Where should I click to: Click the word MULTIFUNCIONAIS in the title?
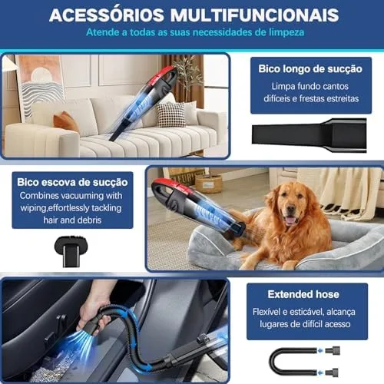point(255,15)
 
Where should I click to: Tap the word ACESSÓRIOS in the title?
point(107,15)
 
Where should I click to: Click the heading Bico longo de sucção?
point(310,69)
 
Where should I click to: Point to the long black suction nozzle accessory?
point(310,135)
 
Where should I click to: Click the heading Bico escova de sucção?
point(72,182)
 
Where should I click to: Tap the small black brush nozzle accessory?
point(71,251)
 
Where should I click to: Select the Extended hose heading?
point(303,294)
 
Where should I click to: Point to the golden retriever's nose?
point(290,210)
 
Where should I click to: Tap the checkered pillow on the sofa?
point(170,115)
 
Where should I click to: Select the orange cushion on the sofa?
point(66,121)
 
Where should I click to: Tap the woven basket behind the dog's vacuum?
point(208,184)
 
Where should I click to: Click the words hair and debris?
point(72,220)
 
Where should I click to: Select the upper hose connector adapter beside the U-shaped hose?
point(333,350)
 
